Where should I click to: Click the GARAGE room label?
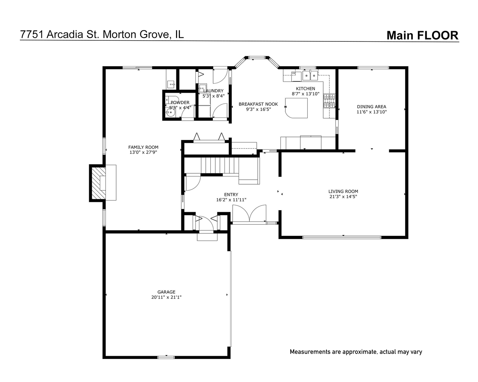(x=166, y=292)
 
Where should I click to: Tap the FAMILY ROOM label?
(x=143, y=147)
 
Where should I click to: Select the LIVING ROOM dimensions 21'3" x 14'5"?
(x=343, y=196)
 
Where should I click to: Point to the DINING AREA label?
(x=372, y=107)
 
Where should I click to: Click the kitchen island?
(x=296, y=108)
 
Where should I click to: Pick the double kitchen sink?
(x=310, y=75)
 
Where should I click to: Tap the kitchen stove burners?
(x=329, y=101)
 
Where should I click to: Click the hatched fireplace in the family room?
(x=98, y=183)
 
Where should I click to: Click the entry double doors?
(x=249, y=213)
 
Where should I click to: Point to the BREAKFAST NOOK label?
(x=258, y=104)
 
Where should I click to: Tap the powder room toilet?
(x=172, y=99)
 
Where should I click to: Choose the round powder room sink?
(x=170, y=113)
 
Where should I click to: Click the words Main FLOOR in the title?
(x=423, y=35)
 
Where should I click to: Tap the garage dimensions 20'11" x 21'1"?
(x=166, y=297)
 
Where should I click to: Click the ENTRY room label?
(x=231, y=195)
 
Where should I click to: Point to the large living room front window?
(x=342, y=237)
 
